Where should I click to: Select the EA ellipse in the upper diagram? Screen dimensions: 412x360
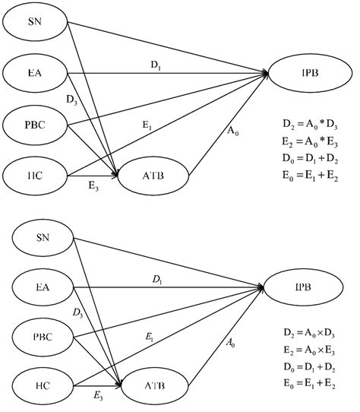[34, 74]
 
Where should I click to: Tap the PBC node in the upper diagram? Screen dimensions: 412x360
[34, 125]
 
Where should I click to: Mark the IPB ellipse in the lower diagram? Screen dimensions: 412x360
[303, 288]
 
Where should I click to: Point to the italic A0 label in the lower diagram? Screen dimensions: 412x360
[231, 343]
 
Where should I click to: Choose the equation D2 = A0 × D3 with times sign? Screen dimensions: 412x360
[313, 332]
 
